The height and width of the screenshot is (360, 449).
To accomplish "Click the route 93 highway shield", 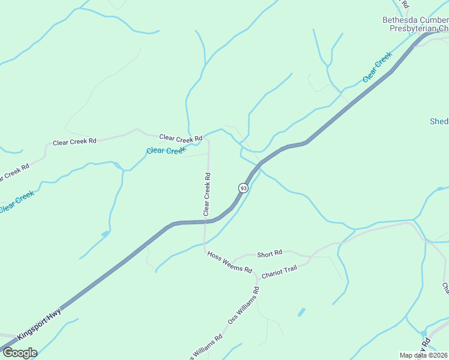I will click(x=243, y=188).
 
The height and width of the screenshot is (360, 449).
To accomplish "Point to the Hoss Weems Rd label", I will click(x=229, y=262).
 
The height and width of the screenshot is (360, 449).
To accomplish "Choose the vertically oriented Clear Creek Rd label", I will click(x=206, y=194).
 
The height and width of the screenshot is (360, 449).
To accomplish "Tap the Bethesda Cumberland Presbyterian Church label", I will click(x=415, y=24).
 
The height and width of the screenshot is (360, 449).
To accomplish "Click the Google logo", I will click(x=20, y=353).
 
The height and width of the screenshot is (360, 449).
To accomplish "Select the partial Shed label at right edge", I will click(x=439, y=122).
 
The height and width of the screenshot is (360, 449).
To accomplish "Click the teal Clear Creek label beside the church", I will click(x=377, y=67).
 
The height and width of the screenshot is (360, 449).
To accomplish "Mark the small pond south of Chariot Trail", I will click(x=301, y=312).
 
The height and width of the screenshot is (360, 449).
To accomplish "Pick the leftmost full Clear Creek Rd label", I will click(x=74, y=142).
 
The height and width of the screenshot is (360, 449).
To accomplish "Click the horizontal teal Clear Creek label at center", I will click(x=165, y=151).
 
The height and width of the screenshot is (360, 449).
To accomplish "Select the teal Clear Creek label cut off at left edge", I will click(x=17, y=201).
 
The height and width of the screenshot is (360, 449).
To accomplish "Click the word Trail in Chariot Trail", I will click(x=289, y=268).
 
